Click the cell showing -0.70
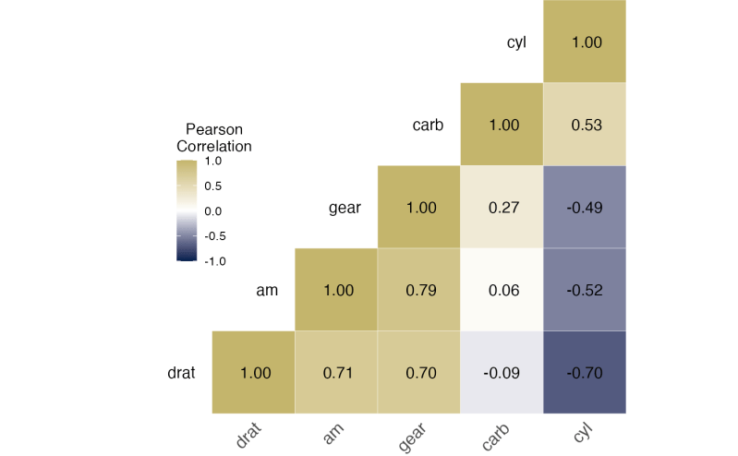click(x=585, y=373)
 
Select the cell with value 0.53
click(x=585, y=125)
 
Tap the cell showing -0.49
click(x=585, y=207)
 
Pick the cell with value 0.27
click(x=502, y=207)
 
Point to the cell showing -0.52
click(x=585, y=290)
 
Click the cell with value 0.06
click(x=502, y=290)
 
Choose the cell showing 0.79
click(x=420, y=290)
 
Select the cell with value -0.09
click(x=502, y=373)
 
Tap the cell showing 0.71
click(x=338, y=373)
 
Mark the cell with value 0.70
click(x=420, y=373)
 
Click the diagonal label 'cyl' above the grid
click(x=516, y=42)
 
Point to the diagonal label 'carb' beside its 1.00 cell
click(x=428, y=125)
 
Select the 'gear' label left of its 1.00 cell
click(x=345, y=208)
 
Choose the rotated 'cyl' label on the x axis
click(x=581, y=432)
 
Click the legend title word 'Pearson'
click(x=213, y=129)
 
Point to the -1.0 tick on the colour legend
click(x=214, y=261)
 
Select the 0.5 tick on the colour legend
click(x=212, y=186)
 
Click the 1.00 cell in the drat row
click(x=255, y=373)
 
